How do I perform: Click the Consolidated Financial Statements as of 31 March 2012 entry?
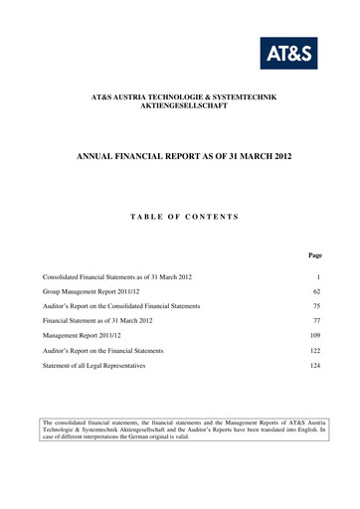tap(117, 274)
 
